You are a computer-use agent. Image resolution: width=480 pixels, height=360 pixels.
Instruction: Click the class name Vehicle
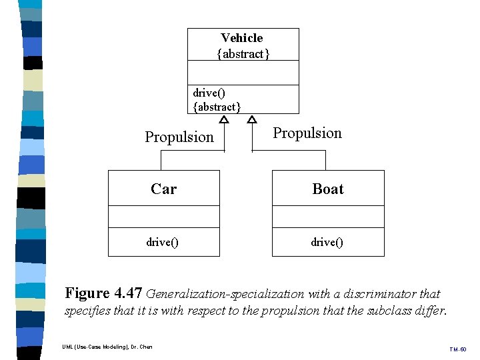click(242, 38)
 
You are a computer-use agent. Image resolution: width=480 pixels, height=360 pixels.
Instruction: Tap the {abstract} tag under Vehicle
click(243, 54)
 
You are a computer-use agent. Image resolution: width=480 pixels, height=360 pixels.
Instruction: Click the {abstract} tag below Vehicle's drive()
click(217, 107)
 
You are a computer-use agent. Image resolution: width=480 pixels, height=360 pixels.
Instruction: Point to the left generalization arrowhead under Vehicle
click(224, 119)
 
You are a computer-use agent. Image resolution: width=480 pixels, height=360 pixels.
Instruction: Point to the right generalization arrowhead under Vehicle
click(252, 119)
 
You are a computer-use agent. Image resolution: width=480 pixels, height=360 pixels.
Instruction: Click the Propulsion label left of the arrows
click(179, 137)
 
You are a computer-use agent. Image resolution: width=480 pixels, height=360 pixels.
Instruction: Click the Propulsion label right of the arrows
click(307, 133)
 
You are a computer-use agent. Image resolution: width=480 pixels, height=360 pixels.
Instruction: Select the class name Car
click(163, 189)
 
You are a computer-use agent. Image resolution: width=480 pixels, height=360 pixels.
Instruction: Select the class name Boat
click(328, 189)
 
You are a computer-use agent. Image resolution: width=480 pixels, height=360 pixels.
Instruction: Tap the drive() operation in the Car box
click(163, 242)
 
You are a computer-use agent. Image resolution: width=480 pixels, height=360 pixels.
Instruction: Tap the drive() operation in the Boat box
click(327, 242)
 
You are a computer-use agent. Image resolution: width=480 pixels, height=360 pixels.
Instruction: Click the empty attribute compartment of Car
click(164, 217)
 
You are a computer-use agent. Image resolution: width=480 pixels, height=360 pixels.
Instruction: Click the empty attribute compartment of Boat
click(328, 217)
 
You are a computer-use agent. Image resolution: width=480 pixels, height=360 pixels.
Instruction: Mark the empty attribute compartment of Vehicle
click(243, 73)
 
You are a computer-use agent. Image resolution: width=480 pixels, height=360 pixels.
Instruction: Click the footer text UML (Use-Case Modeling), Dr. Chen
click(107, 347)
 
